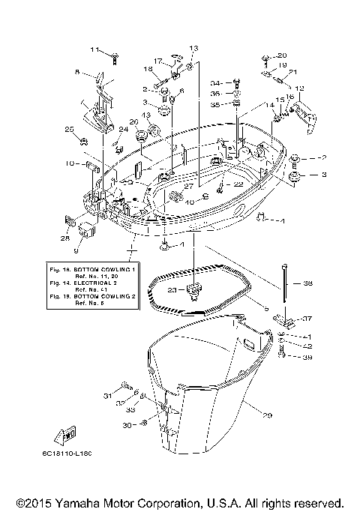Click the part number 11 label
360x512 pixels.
(95, 49)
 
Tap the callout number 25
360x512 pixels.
(70, 130)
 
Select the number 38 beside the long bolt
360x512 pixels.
(307, 284)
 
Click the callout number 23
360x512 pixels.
(172, 289)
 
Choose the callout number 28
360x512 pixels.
(65, 238)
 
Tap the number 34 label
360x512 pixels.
(216, 83)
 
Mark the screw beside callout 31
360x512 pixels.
(124, 397)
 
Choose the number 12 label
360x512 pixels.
(299, 88)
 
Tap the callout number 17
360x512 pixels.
(158, 61)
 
